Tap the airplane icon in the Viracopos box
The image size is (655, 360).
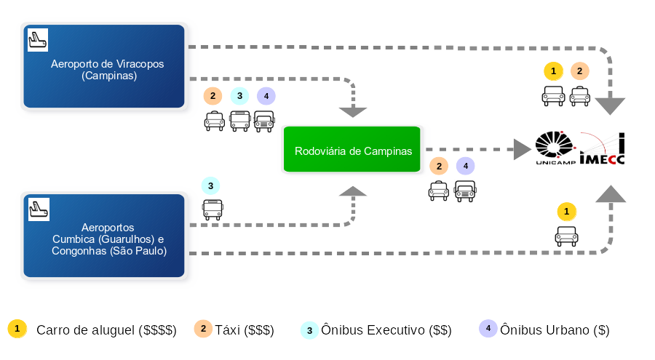(38, 40)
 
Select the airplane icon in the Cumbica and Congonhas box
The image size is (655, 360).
(39, 209)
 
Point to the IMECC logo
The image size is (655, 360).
(602, 148)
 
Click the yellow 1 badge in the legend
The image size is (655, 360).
(17, 329)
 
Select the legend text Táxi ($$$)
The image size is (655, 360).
(245, 330)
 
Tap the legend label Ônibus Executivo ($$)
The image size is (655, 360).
(386, 330)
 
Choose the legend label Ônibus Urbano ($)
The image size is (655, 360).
(555, 330)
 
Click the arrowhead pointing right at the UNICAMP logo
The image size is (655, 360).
(522, 149)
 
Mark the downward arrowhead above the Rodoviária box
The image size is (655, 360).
(353, 112)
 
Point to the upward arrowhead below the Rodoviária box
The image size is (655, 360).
(353, 191)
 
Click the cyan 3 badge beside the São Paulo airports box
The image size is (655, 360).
(210, 186)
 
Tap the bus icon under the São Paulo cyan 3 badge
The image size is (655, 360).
(213, 209)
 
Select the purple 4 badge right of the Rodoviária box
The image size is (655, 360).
(465, 166)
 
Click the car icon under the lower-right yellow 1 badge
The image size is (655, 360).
(566, 236)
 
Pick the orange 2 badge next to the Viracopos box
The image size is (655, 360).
(213, 96)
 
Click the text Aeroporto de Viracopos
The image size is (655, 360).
(108, 64)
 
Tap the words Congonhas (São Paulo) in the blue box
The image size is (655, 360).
(109, 251)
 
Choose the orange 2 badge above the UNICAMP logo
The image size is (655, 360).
(580, 71)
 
